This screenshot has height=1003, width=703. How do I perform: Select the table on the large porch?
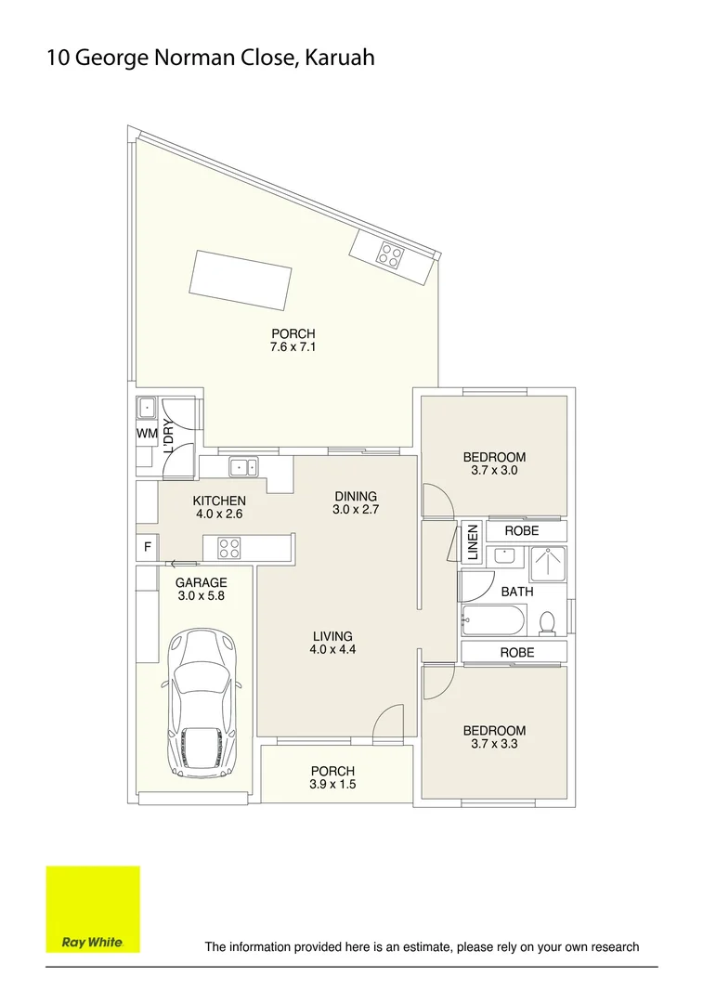click(241, 279)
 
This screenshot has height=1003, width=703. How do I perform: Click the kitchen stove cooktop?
click(228, 549)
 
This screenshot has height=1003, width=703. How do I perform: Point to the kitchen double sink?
click(244, 467)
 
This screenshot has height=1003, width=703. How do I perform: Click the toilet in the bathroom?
click(548, 621)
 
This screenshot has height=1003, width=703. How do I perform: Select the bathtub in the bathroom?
click(494, 619)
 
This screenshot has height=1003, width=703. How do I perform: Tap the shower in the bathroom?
click(547, 564)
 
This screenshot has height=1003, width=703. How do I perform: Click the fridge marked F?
click(147, 548)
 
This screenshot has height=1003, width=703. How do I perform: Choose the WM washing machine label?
click(147, 434)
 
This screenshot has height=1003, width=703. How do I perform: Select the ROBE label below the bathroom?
click(517, 653)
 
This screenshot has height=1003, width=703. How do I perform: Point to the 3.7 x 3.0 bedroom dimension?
click(494, 471)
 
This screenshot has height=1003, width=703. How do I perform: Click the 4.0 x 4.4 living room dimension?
click(332, 650)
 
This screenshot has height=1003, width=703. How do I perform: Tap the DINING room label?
click(356, 496)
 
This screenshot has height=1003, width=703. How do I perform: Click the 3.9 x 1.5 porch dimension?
click(332, 785)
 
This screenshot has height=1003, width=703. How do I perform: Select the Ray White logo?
click(93, 909)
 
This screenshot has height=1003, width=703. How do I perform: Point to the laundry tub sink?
click(147, 408)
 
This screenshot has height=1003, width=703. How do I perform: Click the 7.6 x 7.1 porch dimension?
click(293, 347)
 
